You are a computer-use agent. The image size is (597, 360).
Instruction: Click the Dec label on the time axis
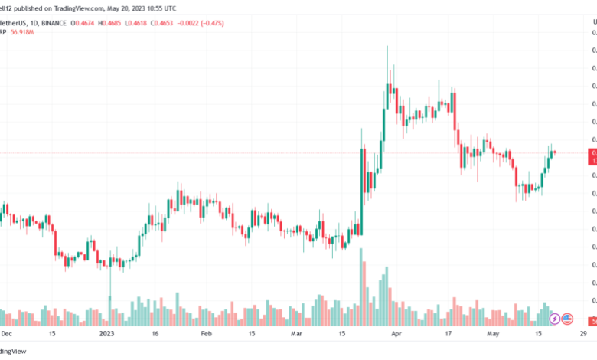coord(6,334)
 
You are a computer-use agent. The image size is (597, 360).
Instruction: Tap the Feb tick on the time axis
coord(206,334)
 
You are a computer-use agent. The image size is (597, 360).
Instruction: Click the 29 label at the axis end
coord(583,334)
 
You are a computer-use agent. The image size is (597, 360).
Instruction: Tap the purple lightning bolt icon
coord(554,318)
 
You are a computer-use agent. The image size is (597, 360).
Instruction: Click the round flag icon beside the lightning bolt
coord(567,318)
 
